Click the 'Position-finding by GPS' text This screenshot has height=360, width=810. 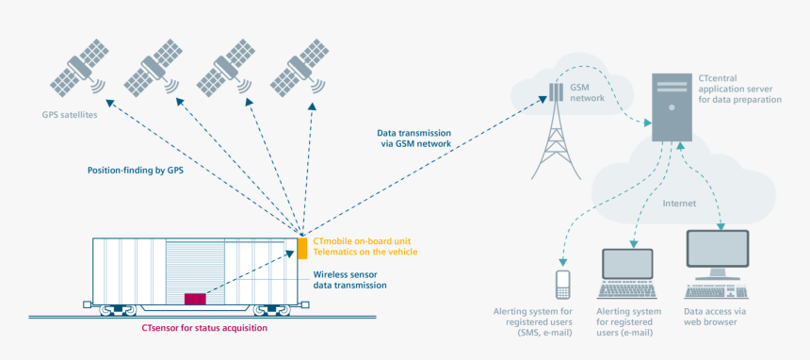(x=135, y=171)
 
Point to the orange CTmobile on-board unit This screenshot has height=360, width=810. (x=302, y=247)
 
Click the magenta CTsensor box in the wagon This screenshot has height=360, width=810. (x=195, y=298)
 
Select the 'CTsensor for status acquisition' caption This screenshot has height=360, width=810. (x=204, y=327)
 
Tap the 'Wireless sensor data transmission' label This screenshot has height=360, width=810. (x=348, y=279)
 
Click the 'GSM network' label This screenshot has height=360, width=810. (x=587, y=91)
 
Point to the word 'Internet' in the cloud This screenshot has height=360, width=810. (x=679, y=203)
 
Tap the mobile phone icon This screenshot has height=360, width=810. (x=563, y=282)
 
